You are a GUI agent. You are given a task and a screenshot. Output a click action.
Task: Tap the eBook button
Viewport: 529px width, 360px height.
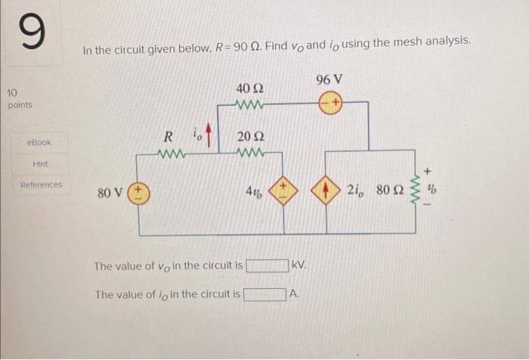(x=39, y=142)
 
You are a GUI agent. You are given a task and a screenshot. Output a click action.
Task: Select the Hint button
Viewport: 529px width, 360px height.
(x=41, y=163)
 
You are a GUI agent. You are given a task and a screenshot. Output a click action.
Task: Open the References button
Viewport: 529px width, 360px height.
(x=42, y=185)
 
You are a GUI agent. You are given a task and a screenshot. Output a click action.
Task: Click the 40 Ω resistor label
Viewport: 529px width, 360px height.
(x=249, y=88)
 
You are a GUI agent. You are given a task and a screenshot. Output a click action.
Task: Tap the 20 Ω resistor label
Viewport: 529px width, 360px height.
(x=250, y=137)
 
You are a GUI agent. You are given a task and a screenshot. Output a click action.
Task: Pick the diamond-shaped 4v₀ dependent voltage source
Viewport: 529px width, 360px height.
(x=285, y=192)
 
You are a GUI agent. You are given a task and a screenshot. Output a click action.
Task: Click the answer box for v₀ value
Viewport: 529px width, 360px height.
(x=267, y=265)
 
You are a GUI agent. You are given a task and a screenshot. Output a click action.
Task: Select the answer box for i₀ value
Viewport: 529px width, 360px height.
(x=264, y=294)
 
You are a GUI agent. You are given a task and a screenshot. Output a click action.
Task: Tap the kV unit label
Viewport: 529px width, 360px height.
(x=299, y=266)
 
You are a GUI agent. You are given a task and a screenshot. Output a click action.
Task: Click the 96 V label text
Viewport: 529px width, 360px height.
(x=329, y=79)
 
